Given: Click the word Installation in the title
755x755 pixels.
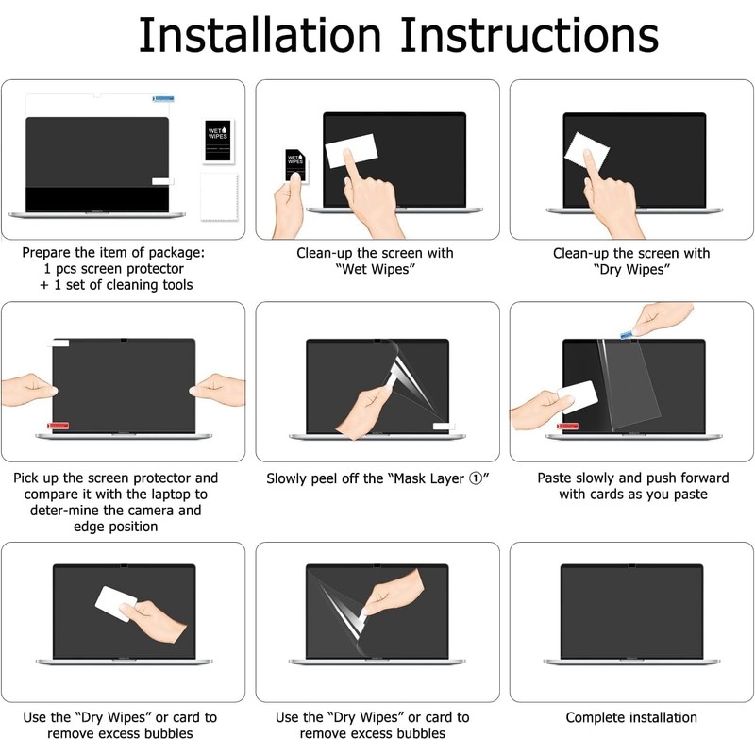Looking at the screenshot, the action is pyautogui.click(x=260, y=35).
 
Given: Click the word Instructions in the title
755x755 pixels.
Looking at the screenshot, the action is pyautogui.click(x=529, y=35).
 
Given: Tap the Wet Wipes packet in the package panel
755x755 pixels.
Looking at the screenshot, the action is pyautogui.click(x=217, y=141).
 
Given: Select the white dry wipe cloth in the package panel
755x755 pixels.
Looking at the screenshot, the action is pyautogui.click(x=219, y=196).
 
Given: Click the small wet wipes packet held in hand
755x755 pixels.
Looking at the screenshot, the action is pyautogui.click(x=295, y=164).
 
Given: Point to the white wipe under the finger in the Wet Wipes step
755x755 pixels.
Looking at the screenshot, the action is pyautogui.click(x=351, y=150).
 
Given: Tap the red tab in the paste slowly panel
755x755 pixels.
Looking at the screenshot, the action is pyautogui.click(x=567, y=426).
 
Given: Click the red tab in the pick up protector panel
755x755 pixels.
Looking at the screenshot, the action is pyautogui.click(x=58, y=426).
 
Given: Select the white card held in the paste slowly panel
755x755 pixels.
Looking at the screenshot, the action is pyautogui.click(x=578, y=397).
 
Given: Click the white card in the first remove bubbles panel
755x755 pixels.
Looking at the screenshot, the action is pyautogui.click(x=116, y=603).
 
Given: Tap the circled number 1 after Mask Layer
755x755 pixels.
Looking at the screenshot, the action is pyautogui.click(x=476, y=478).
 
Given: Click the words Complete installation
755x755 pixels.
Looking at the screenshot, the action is pyautogui.click(x=631, y=717).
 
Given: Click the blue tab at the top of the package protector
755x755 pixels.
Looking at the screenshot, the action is pyautogui.click(x=163, y=99).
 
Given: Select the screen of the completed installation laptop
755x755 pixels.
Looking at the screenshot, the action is pyautogui.click(x=631, y=612).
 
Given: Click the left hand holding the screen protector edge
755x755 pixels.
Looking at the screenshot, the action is pyautogui.click(x=29, y=389).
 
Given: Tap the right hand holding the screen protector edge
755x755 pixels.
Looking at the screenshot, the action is pyautogui.click(x=218, y=389).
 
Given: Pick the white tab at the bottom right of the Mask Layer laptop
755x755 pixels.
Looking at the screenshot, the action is pyautogui.click(x=444, y=426).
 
